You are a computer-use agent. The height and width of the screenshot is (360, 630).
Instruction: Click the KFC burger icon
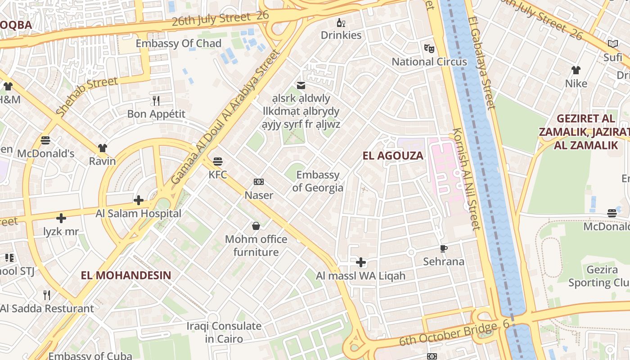click(x=218, y=161)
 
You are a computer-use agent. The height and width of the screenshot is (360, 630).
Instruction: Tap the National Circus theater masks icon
click(x=429, y=48)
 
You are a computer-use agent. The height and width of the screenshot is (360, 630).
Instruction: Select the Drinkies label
click(x=341, y=35)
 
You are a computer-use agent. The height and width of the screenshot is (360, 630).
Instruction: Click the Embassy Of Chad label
click(x=179, y=44)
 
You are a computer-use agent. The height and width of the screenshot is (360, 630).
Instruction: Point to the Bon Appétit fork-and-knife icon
click(x=156, y=100)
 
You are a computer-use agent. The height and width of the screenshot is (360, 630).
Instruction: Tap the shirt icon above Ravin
click(x=103, y=148)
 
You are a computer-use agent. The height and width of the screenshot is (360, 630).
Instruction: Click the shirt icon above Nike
click(x=576, y=70)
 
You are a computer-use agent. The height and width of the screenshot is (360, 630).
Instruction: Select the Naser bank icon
click(x=259, y=182)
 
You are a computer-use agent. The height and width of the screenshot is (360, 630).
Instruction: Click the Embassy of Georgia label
click(x=318, y=181)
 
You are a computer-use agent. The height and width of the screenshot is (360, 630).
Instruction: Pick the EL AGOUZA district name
click(x=393, y=156)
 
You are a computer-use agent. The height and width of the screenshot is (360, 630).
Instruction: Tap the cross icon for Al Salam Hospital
click(x=139, y=200)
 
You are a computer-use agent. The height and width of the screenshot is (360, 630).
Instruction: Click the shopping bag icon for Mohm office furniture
click(x=256, y=225)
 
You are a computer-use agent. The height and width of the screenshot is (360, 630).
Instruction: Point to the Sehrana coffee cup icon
click(x=444, y=248)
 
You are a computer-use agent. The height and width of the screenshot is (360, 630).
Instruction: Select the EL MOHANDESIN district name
click(x=126, y=275)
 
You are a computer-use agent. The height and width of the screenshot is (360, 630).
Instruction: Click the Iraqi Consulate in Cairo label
click(x=224, y=332)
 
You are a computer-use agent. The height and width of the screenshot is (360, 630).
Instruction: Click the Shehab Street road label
click(x=87, y=96)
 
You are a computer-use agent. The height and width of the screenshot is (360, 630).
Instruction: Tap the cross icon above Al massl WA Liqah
click(x=361, y=262)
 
